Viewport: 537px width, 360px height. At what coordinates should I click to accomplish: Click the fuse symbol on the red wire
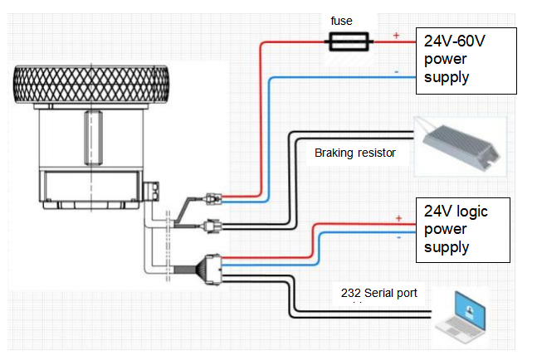349,41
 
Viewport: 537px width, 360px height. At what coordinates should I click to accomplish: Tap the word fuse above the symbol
341,21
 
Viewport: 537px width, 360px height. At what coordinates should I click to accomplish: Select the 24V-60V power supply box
466,61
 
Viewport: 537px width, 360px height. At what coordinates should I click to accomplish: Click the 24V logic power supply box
463,230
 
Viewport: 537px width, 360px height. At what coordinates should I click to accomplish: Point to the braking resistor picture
461,147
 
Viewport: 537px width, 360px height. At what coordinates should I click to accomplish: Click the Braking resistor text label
354,153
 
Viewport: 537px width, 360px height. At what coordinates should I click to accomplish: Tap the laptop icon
461,317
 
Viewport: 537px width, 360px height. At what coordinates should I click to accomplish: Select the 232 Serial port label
378,294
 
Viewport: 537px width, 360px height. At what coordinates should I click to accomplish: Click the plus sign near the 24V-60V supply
396,35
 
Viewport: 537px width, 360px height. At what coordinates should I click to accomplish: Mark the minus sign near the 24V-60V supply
397,72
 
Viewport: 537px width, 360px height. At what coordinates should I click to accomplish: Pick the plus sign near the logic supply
398,218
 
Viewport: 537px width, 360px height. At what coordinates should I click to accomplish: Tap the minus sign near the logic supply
398,237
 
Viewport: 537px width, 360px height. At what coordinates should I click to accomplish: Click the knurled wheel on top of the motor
91,84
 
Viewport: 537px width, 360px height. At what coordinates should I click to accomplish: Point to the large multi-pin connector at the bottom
213,270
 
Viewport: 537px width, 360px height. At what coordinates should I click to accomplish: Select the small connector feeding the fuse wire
214,199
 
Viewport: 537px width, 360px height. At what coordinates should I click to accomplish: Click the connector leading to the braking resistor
213,226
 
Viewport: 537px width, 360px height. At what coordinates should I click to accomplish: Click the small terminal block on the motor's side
151,191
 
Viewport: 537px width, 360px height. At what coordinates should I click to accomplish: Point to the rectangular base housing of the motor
90,187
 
